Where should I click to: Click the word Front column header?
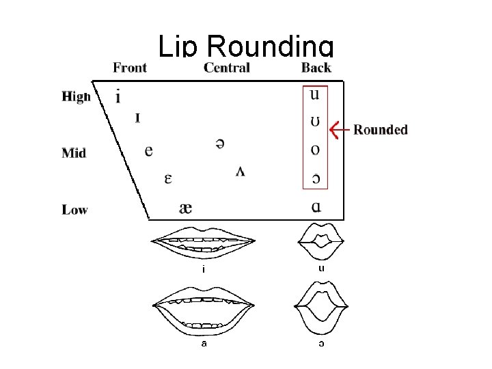coord(130,67)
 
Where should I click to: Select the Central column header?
coord(227,67)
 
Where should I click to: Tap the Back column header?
coord(316,67)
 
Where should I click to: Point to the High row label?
coord(76,96)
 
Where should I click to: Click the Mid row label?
coord(74,153)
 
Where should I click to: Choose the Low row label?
coord(75,210)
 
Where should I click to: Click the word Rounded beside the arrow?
coord(381,130)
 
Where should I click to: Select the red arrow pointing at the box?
coord(339,128)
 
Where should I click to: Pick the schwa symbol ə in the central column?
coord(220,143)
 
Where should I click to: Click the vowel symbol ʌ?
coord(241,170)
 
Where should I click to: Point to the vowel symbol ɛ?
coord(167,179)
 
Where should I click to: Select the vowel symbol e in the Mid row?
coord(149,150)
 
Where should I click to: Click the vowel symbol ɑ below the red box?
coord(315,207)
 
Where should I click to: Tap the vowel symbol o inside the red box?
coord(315,150)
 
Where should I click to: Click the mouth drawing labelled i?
coord(204,243)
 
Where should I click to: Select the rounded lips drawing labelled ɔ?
coord(321,312)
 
